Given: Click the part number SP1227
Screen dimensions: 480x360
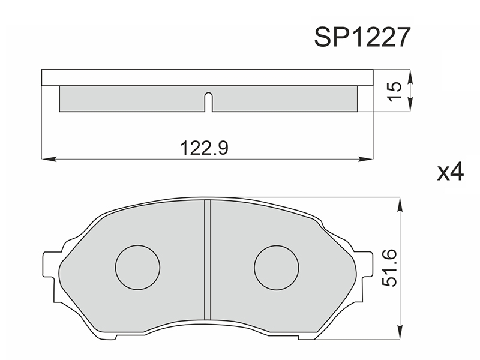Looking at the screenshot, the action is point(362,37).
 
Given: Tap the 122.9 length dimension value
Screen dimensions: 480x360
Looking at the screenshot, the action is point(204,148).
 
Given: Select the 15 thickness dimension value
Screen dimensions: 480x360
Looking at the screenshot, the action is point(394,91).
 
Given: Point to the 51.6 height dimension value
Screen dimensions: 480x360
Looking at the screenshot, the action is point(389,268).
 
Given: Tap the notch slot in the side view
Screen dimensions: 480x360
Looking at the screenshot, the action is point(208,101).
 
